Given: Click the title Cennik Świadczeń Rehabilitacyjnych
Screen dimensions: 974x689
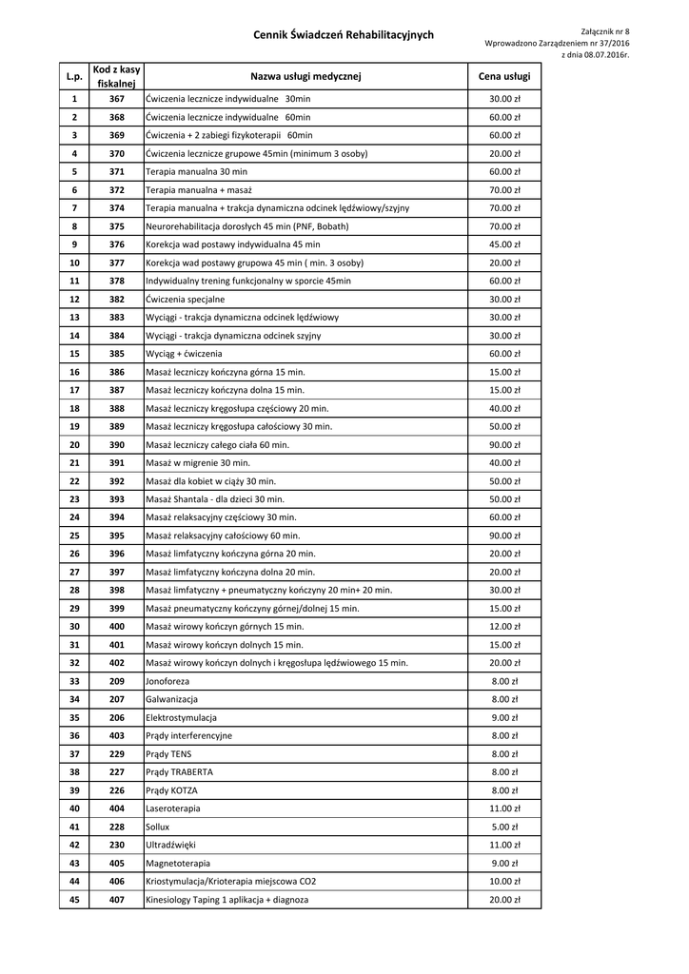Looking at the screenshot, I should point(344,35).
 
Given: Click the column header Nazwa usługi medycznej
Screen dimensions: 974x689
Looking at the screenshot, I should point(306,76).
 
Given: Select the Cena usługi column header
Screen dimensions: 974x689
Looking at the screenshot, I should point(504,76).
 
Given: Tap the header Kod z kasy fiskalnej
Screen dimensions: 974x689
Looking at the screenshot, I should point(117,76).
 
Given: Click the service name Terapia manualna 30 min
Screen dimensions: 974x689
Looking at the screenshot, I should point(196,171).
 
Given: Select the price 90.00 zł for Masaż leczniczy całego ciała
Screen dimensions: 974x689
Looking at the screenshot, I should point(504,444).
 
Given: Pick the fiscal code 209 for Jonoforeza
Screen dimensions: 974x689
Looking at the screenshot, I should point(117,681).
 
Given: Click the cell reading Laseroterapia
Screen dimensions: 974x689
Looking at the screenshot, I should point(173,808).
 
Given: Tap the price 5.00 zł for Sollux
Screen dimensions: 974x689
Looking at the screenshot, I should point(504,827).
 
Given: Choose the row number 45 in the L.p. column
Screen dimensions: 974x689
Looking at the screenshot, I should point(74,899).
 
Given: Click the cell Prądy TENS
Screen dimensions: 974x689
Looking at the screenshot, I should point(168,753).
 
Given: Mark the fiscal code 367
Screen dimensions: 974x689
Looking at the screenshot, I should point(117,99).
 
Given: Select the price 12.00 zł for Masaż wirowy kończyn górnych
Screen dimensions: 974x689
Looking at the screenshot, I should point(504,626).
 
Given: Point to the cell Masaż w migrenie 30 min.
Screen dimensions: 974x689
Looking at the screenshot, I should point(198,462).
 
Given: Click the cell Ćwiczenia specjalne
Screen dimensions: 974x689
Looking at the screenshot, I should point(186,299).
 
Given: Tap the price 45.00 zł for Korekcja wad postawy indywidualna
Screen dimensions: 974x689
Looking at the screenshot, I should point(504,244).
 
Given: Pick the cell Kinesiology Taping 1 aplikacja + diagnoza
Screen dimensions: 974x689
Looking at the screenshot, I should point(226,899).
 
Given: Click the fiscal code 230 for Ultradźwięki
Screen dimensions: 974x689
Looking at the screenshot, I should point(117,845).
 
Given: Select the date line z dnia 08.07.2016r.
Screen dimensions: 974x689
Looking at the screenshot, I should point(596,55).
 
